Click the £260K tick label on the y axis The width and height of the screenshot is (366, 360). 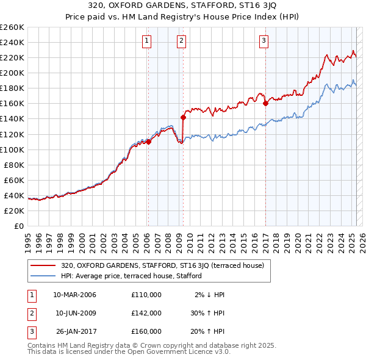click(x=12, y=27)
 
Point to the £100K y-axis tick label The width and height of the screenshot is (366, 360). click(x=12, y=149)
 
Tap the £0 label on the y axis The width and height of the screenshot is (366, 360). click(x=19, y=226)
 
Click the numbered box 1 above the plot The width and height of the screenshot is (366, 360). click(x=148, y=41)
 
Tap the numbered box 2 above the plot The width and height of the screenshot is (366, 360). click(x=182, y=41)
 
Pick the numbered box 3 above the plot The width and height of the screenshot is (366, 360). click(x=264, y=41)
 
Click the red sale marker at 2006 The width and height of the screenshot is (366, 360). click(x=148, y=142)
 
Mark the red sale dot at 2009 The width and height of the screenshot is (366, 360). click(x=183, y=117)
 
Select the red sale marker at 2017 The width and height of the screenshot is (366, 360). click(x=265, y=103)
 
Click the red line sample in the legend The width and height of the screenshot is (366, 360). click(x=43, y=265)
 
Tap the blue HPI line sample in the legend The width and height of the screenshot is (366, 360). click(x=43, y=276)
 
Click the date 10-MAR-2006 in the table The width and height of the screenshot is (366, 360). click(x=75, y=295)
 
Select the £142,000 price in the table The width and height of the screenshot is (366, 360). click(x=146, y=313)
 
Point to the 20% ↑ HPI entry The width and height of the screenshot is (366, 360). click(x=207, y=331)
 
